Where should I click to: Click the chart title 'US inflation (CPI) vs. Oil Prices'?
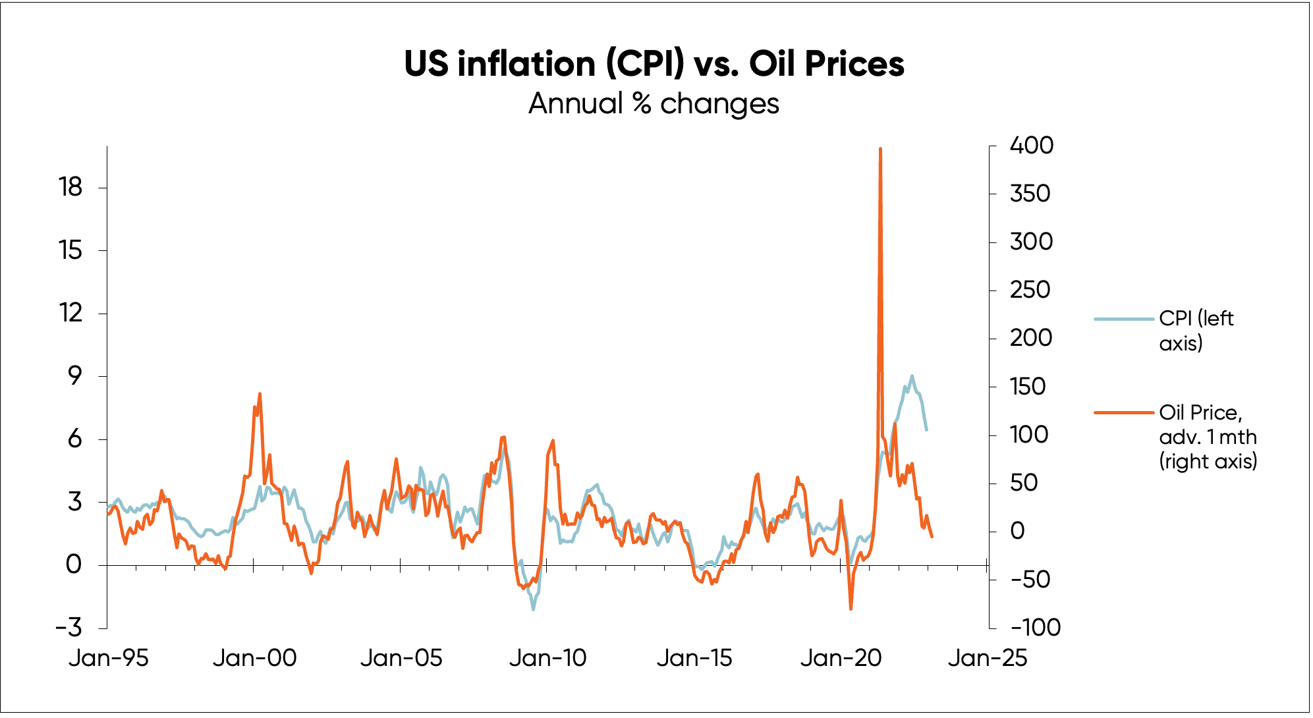pyautogui.click(x=654, y=64)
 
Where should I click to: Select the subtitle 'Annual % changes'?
pyautogui.click(x=654, y=104)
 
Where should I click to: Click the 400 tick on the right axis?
pyautogui.click(x=1032, y=146)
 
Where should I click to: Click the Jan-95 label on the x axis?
pyautogui.click(x=109, y=657)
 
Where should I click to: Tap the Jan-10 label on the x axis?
pyautogui.click(x=547, y=657)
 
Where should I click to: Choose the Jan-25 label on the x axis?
pyautogui.click(x=987, y=657)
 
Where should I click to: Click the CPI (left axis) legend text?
pyautogui.click(x=1196, y=331)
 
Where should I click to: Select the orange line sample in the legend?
pyautogui.click(x=1125, y=412)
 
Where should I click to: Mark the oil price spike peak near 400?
pyautogui.click(x=880, y=149)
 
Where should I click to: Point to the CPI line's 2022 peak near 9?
pyautogui.click(x=912, y=376)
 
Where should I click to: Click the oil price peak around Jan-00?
pyautogui.click(x=260, y=394)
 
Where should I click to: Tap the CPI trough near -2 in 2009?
pyautogui.click(x=533, y=609)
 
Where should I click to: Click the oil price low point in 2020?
pyautogui.click(x=851, y=609)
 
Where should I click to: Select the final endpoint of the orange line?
pyautogui.click(x=932, y=537)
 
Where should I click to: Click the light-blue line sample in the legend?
pyautogui.click(x=1125, y=319)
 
